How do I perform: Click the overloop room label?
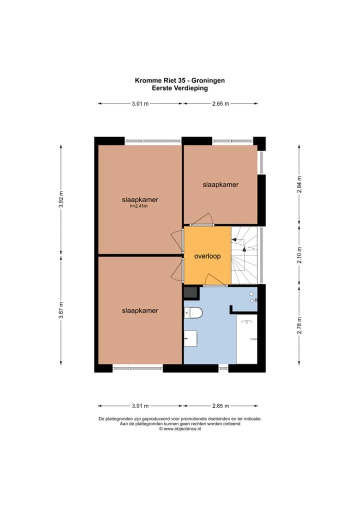point(207,256)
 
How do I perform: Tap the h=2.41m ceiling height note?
point(138,206)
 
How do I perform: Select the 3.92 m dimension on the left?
point(60,199)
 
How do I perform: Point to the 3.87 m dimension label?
point(60,310)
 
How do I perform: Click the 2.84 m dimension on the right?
point(299,184)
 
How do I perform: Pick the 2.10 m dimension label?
point(299,255)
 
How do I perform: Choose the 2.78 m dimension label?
point(299,325)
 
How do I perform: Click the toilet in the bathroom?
point(193,313)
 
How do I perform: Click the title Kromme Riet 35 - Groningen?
point(180,80)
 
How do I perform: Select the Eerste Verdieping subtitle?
point(180,88)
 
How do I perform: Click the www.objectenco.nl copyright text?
point(180,428)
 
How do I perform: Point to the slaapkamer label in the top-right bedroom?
point(220,184)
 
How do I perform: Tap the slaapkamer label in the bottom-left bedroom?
point(140,310)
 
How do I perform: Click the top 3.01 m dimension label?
point(140,104)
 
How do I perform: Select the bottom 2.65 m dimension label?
point(220,406)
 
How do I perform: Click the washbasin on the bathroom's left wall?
point(190,338)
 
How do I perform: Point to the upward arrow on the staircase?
point(244,248)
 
